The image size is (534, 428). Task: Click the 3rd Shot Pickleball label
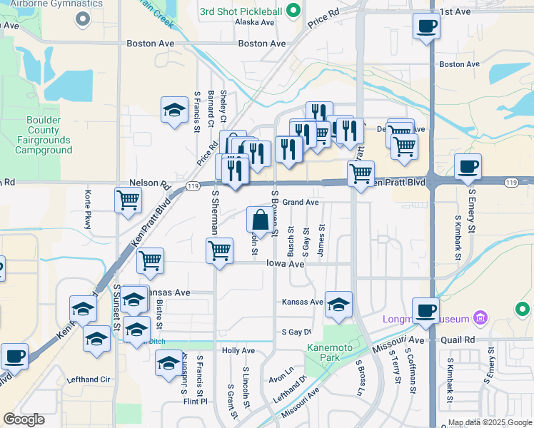pyautogui.click(x=240, y=11)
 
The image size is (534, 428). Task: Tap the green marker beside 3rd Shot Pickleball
pyautogui.click(x=292, y=11)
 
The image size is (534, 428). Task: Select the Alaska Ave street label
pyautogui.click(x=255, y=22)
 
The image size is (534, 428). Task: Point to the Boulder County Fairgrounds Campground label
pyautogui.click(x=49, y=136)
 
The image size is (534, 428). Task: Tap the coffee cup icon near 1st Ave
pyautogui.click(x=426, y=26)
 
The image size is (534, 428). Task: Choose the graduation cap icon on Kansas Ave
pyautogui.click(x=338, y=303)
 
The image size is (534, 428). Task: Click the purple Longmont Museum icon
pyautogui.click(x=480, y=317)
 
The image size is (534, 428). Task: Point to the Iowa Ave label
pyautogui.click(x=286, y=264)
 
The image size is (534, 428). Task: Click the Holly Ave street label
pyautogui.click(x=238, y=350)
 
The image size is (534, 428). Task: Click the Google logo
pyautogui.click(x=24, y=419)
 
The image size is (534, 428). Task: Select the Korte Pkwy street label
pyautogui.click(x=88, y=205)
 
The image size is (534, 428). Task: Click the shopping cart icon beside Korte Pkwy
pyautogui.click(x=128, y=200)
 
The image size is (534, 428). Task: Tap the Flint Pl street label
pyautogui.click(x=194, y=401)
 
